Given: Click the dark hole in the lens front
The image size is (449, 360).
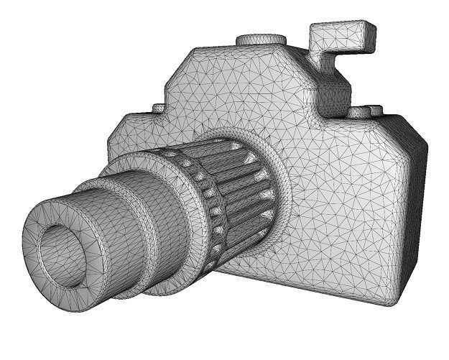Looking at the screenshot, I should tap(60, 250).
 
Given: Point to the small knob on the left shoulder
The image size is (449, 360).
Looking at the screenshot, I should tap(158, 109).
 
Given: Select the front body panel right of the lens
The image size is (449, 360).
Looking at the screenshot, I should tap(345, 208).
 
